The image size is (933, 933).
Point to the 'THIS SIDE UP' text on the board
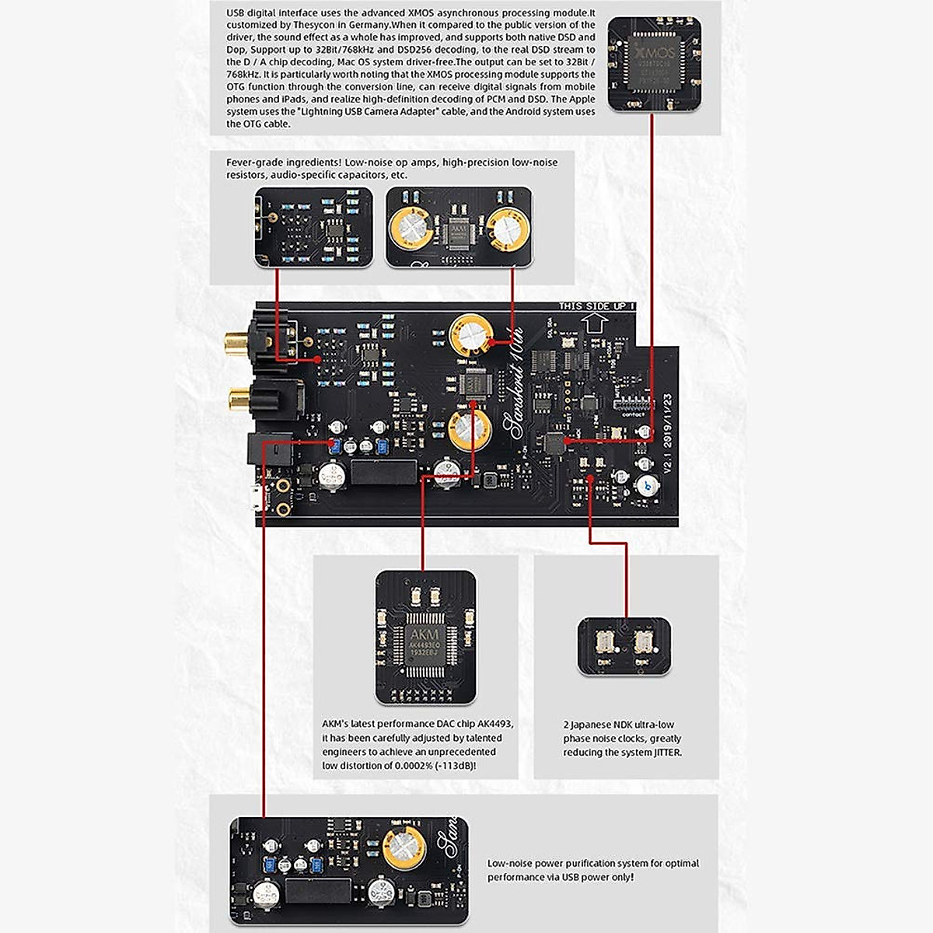(596, 306)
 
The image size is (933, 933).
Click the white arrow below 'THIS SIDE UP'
(593, 321)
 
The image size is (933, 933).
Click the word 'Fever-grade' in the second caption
(254, 162)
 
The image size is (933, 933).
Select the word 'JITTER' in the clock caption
(664, 752)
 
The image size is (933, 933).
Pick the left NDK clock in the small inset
(603, 645)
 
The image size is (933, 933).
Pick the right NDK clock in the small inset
(644, 645)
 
